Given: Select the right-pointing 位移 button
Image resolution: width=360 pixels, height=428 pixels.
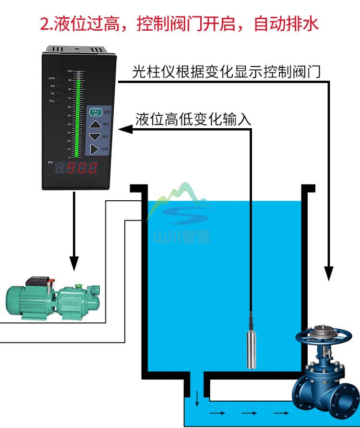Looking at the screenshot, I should pos(94,150).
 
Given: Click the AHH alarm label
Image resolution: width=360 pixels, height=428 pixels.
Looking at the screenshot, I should pos(52,78).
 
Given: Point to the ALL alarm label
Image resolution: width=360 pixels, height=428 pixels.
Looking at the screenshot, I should pos(52,100).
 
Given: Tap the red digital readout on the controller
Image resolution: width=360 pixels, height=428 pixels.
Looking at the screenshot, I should pos(77,169).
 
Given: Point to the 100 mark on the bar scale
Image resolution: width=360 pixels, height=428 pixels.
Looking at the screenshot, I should pos(69,71).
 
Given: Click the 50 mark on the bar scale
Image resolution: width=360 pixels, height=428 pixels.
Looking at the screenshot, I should pos(69,114).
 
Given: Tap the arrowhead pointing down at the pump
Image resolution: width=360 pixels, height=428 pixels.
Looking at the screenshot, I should pos(74,263).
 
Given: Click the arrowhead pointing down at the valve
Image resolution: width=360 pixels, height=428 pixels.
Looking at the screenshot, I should pos(329,274).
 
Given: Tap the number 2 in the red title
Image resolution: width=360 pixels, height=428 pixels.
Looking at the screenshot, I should pos(45,23).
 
